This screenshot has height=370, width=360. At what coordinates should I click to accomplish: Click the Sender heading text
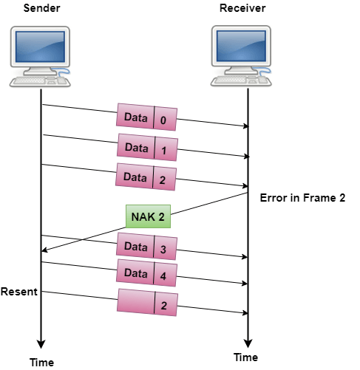pos(41,8)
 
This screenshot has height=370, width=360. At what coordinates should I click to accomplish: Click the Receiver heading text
pos(242,8)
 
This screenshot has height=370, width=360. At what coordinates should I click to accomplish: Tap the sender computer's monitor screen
pos(40,47)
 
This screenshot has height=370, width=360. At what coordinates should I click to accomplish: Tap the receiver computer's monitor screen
pos(241,46)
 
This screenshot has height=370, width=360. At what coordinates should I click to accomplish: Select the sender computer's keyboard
pos(40,81)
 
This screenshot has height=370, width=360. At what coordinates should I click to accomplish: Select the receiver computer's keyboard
pos(241,80)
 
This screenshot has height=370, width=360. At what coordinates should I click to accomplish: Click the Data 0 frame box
pos(146,117)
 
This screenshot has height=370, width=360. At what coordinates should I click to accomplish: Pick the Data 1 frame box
pos(147,147)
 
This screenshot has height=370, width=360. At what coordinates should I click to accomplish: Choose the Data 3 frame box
pos(146,247)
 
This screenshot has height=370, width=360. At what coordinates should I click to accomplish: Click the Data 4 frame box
pos(146,273)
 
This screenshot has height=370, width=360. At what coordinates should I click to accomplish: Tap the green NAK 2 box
pos(148,216)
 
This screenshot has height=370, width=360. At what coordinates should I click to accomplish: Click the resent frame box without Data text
pos(147,303)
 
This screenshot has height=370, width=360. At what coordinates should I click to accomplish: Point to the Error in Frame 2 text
pos(302,198)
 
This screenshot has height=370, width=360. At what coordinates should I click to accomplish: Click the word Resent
pos(19,292)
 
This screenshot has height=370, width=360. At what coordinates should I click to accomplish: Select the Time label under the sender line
pos(41,363)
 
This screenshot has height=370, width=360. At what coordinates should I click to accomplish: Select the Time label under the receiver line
pos(245,357)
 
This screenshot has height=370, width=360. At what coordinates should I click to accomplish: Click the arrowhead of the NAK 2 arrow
pos(44,250)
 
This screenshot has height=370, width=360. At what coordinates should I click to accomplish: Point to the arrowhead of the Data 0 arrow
pos(246,126)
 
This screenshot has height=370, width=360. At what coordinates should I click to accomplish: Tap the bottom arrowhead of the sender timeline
pos(41,344)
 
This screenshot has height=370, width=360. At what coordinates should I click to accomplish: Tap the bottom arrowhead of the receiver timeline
pos(248,343)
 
